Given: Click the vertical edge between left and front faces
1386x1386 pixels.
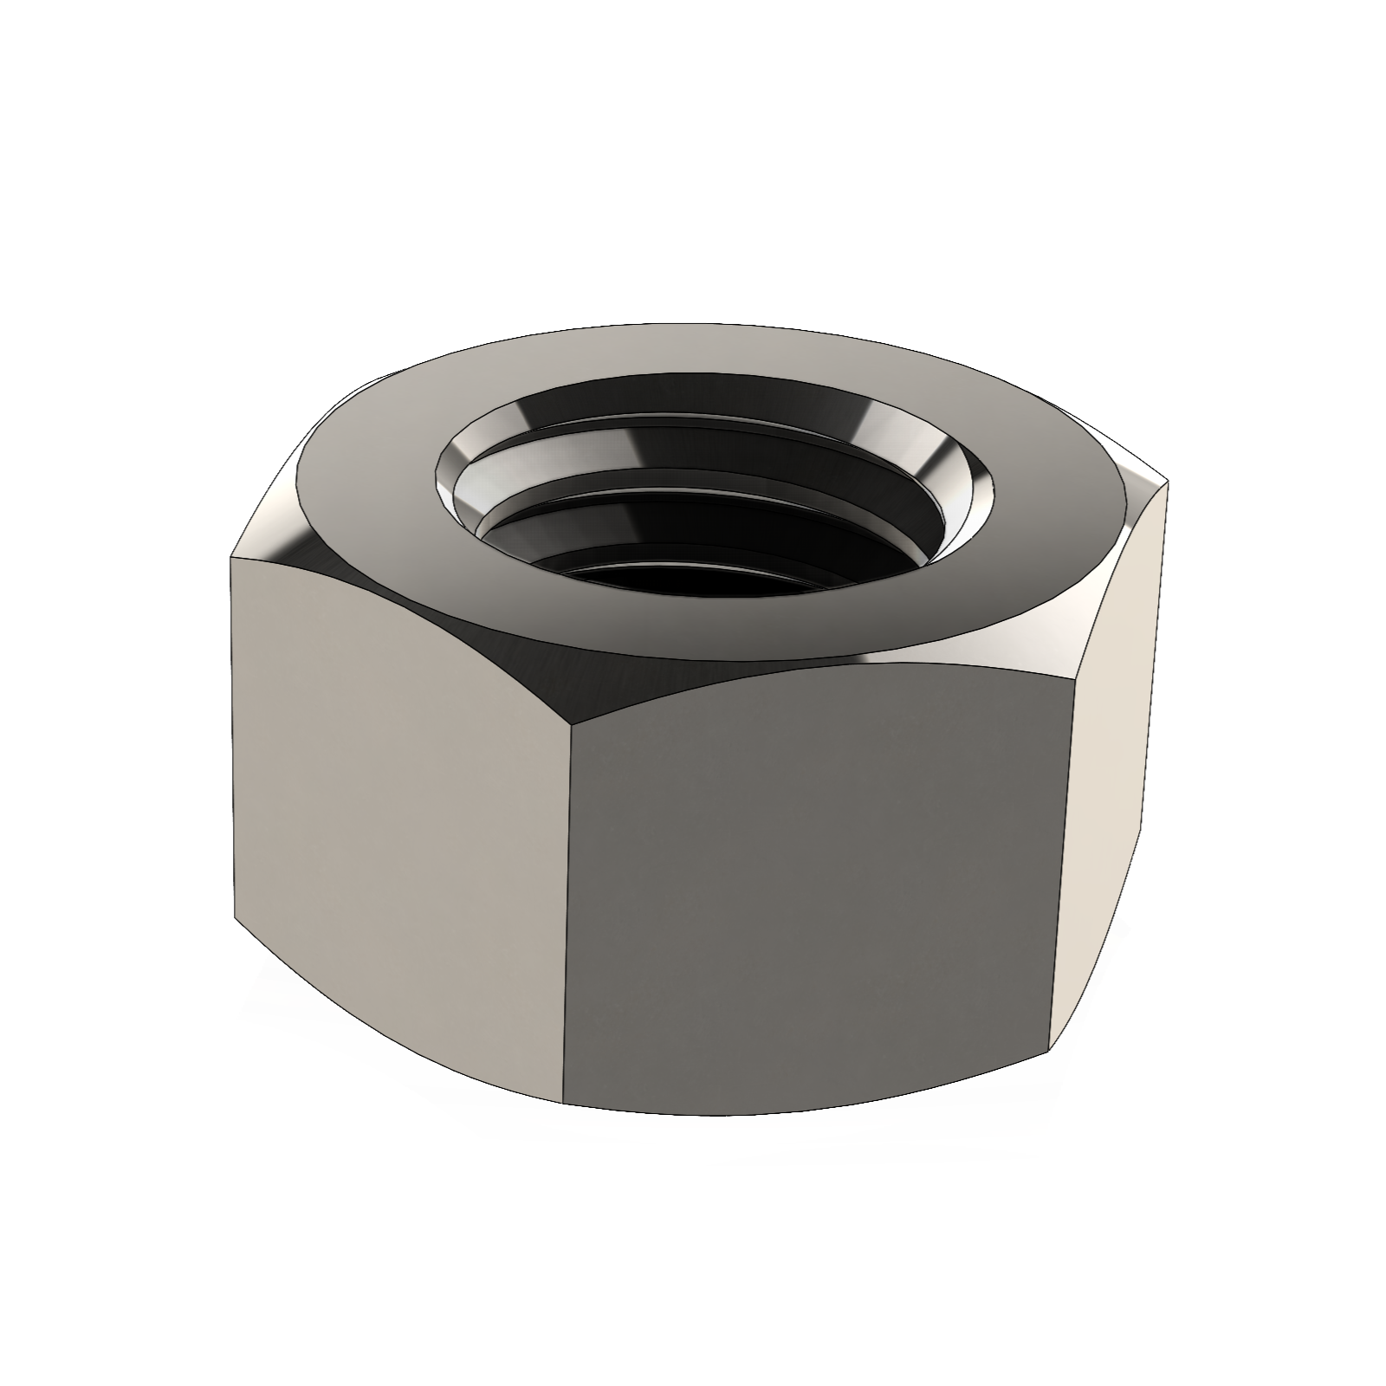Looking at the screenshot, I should click(x=567, y=910).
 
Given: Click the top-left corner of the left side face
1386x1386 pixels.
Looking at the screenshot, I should click(x=231, y=559).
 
